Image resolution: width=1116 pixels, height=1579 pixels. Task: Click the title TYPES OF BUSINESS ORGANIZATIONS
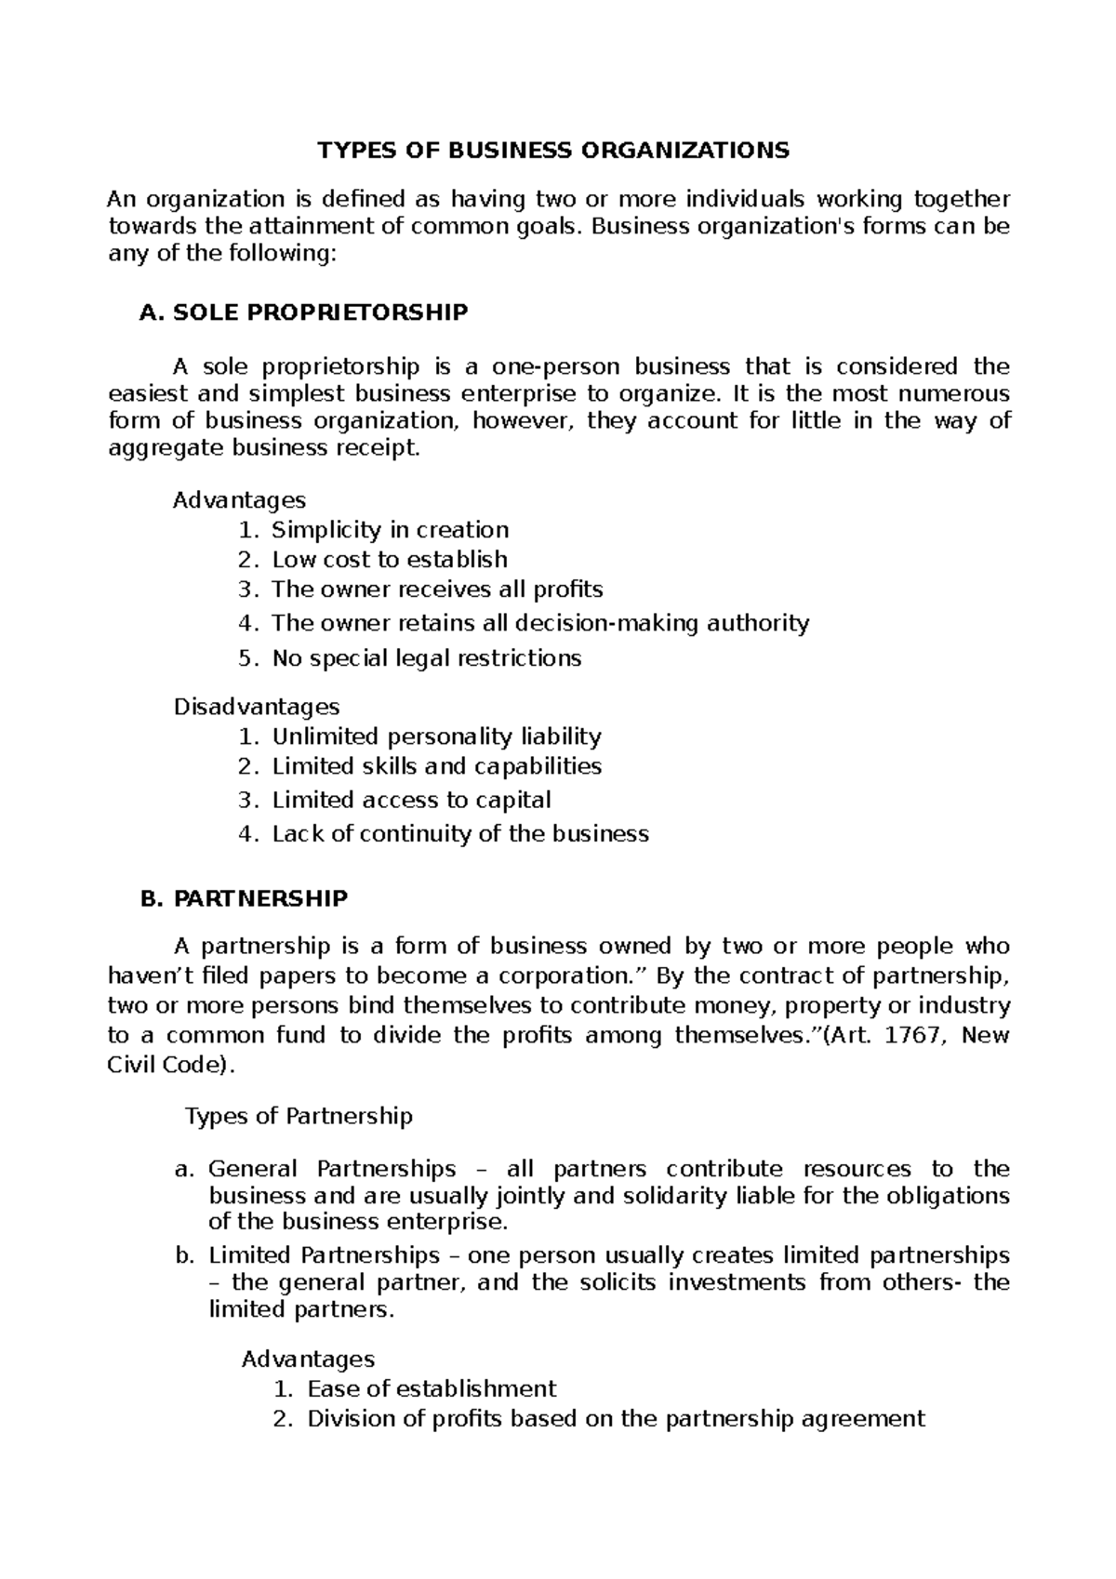coord(553,150)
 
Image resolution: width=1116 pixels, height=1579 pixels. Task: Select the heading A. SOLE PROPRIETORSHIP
coord(303,312)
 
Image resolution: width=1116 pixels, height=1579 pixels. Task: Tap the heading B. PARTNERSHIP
coord(243,898)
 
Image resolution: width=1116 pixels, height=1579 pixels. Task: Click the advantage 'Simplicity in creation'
coord(390,530)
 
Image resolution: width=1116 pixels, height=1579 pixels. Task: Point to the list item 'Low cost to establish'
coord(389,560)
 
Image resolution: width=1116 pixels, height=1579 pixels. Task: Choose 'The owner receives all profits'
coord(437,590)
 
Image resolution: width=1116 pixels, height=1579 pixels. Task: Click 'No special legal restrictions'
coord(426,658)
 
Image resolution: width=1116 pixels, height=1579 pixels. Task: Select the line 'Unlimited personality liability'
coord(436,736)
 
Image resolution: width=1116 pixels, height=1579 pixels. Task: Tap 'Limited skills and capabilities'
coord(436,766)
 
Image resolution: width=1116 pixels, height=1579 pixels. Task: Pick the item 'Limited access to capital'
coord(411,800)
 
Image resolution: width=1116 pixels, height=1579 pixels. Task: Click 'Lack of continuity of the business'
coord(459,833)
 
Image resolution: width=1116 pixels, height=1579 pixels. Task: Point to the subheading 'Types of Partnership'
coord(299,1116)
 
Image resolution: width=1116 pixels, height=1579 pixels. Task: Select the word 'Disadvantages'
coord(257,707)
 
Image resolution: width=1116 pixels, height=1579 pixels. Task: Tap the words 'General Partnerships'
coord(332,1169)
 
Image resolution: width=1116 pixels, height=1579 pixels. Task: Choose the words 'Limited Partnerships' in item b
coord(324,1255)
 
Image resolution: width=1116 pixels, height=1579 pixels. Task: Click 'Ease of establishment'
coord(432,1389)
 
